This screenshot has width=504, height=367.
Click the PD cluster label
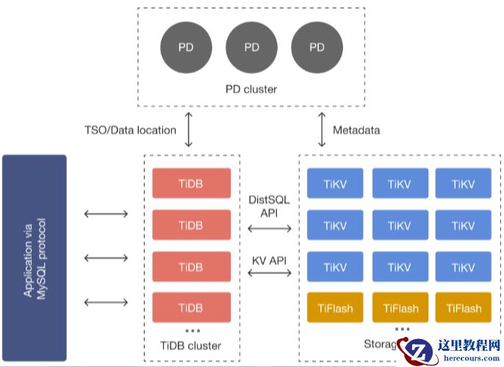tap(251, 90)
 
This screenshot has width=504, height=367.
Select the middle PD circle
tap(252, 48)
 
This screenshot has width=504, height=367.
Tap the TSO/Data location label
tap(130, 130)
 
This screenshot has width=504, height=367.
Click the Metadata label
tap(356, 130)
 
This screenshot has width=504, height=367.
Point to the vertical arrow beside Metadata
tap(321, 129)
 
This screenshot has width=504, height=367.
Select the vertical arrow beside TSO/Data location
tap(189, 129)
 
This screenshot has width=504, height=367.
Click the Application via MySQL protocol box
tap(35, 257)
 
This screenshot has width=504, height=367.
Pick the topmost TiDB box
tap(191, 183)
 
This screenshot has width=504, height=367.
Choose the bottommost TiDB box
tap(191, 307)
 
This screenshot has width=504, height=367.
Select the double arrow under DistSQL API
tap(269, 229)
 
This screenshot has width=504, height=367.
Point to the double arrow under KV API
tap(269, 274)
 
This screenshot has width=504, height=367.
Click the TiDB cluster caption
tap(190, 345)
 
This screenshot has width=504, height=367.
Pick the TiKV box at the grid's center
tap(399, 226)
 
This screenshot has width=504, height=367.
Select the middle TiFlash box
tap(399, 308)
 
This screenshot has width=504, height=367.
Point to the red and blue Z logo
tap(420, 352)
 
